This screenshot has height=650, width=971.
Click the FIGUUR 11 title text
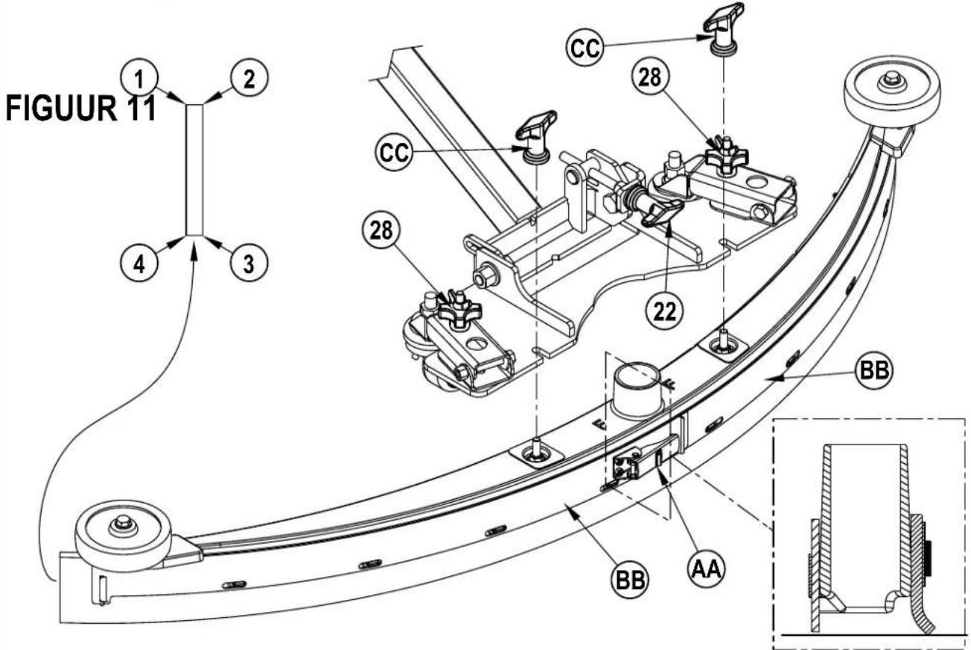point(80,109)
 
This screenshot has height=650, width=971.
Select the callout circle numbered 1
point(139,78)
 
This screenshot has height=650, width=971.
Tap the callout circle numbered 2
point(249,78)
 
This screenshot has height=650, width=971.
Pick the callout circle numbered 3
point(249,263)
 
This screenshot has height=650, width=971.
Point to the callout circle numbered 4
point(139,263)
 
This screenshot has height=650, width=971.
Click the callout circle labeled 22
point(664,310)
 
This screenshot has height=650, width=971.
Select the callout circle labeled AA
point(707,568)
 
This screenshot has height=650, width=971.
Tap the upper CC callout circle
point(585,47)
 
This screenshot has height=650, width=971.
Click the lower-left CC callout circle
point(395,152)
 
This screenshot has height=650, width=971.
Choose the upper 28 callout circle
point(651,77)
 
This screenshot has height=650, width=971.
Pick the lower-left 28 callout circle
point(381,230)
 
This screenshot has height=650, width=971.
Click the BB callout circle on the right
point(874,370)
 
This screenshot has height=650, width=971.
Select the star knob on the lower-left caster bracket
point(459,309)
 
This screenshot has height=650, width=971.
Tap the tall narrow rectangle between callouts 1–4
point(194,170)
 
